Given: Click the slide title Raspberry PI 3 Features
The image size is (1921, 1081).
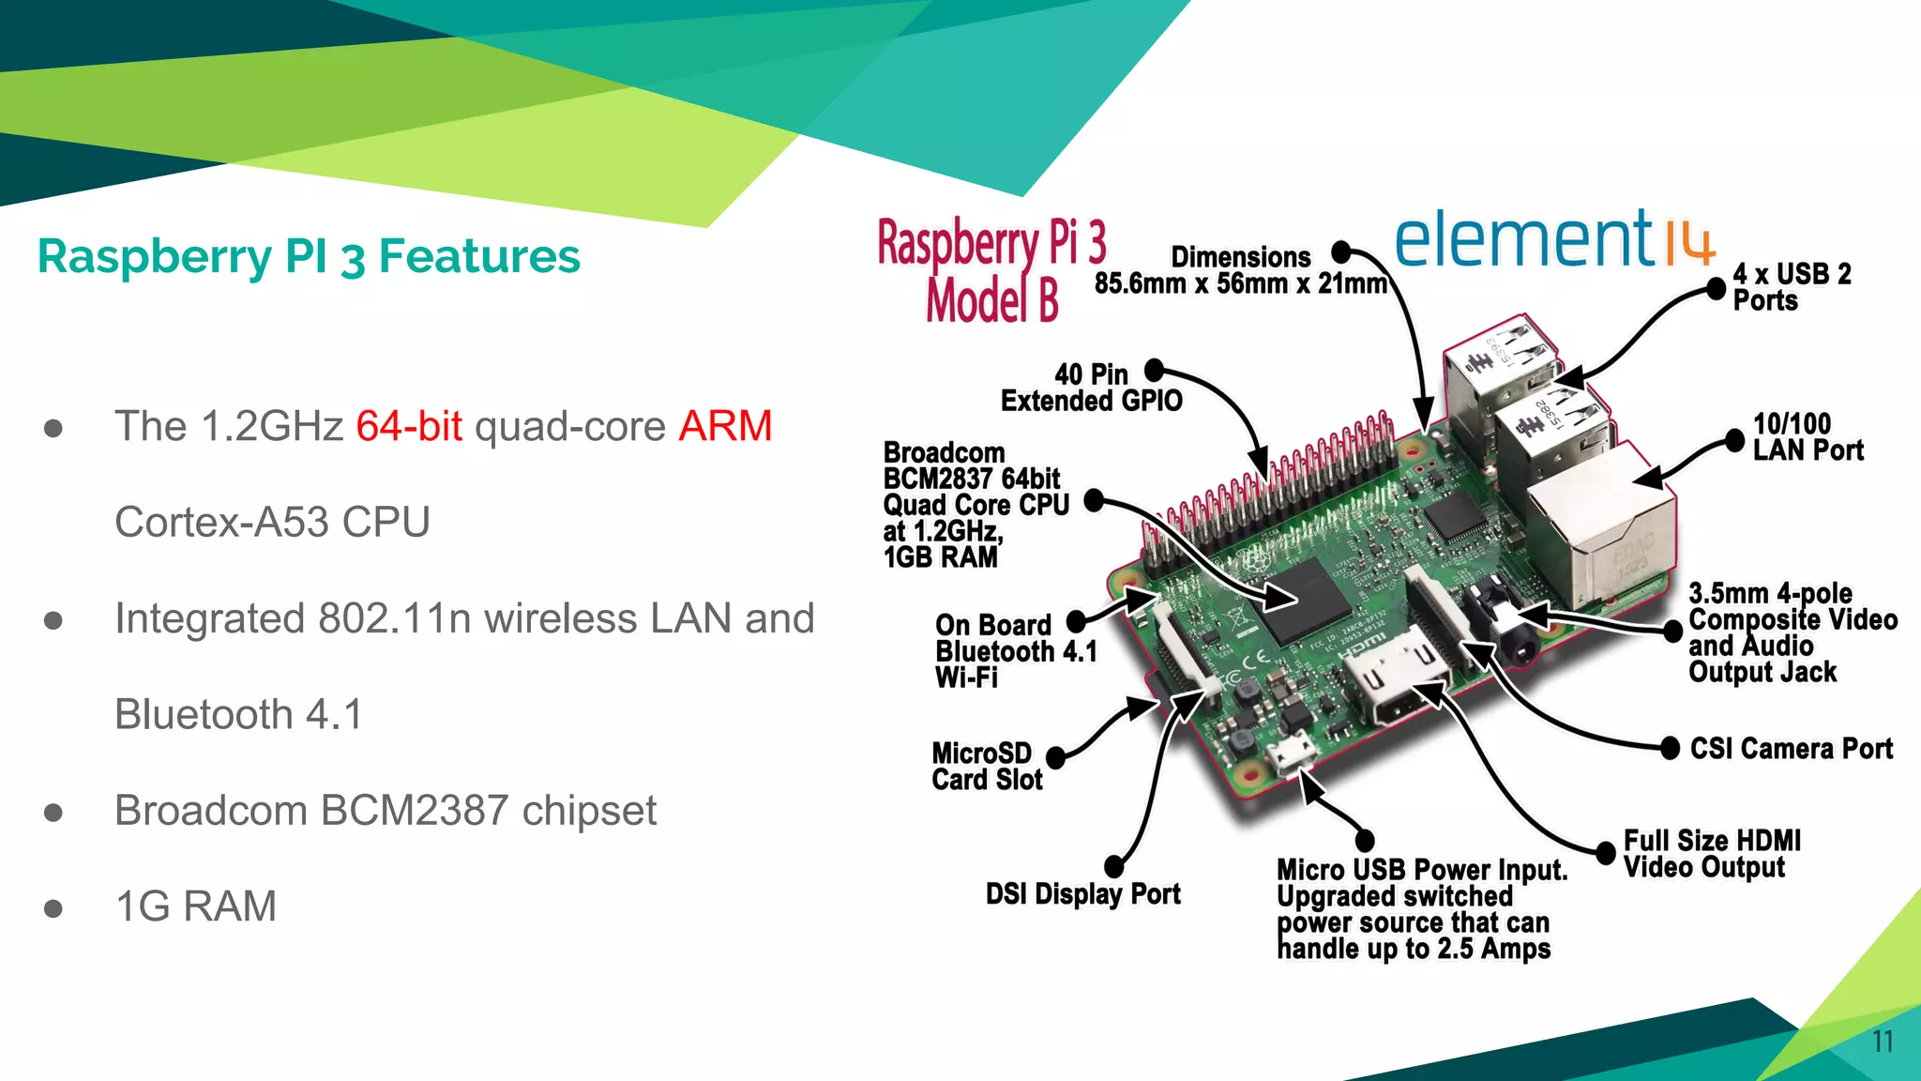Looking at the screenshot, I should click(309, 256).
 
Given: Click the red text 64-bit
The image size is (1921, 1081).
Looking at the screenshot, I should click(409, 427).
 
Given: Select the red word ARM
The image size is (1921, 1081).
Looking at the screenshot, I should click(725, 427).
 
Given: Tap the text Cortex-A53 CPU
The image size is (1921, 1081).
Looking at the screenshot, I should click(272, 523).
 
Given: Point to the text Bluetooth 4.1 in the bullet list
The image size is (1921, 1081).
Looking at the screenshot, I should click(238, 715).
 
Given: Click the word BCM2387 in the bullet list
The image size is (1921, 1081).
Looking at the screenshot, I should click(415, 811).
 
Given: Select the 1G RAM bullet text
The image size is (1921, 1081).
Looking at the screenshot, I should click(195, 906).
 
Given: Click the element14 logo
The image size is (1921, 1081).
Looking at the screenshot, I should click(1552, 239).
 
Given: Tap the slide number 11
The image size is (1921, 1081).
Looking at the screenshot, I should click(1882, 1042).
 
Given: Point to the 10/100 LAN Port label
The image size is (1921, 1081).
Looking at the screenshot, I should click(1807, 437).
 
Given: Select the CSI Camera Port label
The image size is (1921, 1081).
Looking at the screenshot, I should click(1790, 749).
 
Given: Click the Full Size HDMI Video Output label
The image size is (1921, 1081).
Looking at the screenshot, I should click(1711, 854).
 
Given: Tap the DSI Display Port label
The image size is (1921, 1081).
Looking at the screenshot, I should click(1082, 894).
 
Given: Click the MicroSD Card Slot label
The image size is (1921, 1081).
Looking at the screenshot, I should click(986, 767).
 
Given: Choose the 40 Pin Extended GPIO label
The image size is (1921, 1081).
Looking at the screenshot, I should click(1091, 388).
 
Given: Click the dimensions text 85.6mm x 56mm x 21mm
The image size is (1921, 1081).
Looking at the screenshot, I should click(1240, 283).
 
